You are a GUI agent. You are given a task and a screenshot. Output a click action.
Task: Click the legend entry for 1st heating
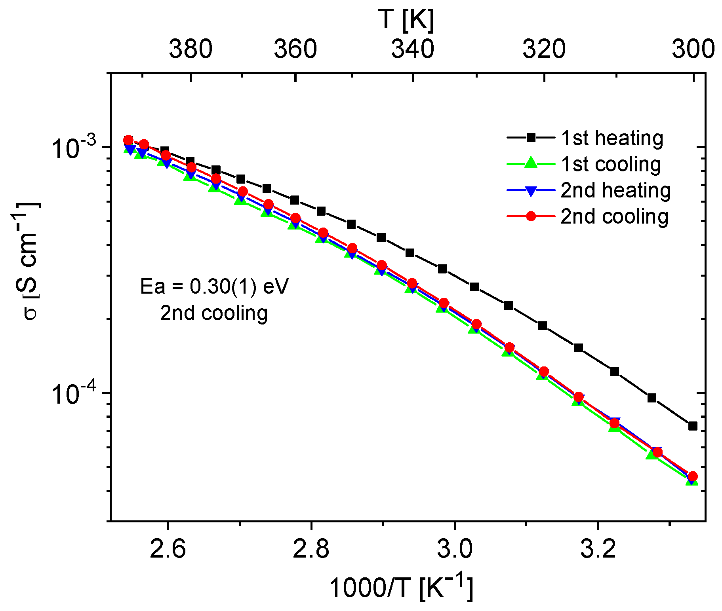click(612, 138)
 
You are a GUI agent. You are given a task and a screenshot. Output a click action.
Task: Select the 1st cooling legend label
click(611, 164)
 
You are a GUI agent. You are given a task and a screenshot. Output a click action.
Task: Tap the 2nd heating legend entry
click(615, 190)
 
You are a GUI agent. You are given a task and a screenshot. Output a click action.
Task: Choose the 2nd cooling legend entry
click(614, 216)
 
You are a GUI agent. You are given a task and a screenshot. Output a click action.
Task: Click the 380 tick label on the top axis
click(191, 49)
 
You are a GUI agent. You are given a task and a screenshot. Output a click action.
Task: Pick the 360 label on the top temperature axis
click(295, 49)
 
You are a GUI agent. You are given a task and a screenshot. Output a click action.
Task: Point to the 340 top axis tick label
click(413, 49)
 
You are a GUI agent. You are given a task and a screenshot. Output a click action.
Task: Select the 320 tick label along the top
click(544, 49)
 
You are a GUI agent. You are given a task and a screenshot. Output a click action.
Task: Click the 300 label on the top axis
click(693, 49)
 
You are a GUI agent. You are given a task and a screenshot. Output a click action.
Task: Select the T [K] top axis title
click(406, 20)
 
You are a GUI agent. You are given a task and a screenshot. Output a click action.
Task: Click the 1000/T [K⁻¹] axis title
click(401, 587)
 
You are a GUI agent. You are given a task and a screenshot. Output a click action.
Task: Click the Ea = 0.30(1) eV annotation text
click(214, 287)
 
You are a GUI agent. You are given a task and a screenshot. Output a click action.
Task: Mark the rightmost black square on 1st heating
click(693, 426)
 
